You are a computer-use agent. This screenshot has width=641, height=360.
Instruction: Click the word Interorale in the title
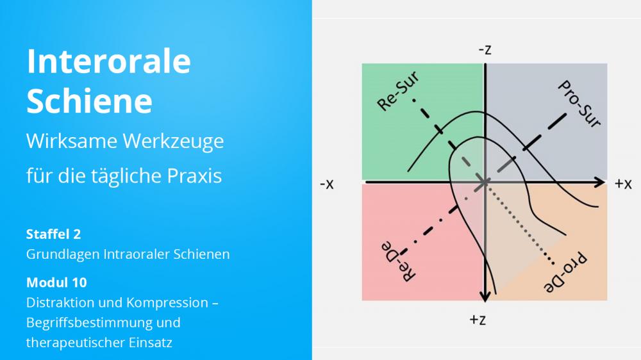[108, 61]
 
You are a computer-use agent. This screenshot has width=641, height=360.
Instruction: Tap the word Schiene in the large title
[89, 101]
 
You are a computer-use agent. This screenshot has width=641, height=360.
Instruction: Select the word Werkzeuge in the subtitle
[173, 142]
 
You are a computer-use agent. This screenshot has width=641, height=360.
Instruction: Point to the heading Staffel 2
[54, 234]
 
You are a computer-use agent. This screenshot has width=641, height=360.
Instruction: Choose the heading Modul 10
[56, 282]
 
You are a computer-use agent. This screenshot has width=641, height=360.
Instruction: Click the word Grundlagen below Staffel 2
[63, 254]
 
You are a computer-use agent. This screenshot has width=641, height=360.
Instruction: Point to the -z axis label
[485, 50]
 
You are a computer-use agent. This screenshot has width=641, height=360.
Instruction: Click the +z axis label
[478, 320]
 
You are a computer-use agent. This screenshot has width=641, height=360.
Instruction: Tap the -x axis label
[327, 184]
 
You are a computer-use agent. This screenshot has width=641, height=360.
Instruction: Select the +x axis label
[623, 184]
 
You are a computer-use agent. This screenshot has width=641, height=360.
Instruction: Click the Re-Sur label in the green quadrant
[398, 91]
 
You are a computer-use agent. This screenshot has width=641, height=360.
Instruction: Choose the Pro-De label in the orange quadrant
[565, 272]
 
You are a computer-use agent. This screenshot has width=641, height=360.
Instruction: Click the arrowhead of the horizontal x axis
[601, 183]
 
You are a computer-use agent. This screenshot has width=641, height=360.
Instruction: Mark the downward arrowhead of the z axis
[485, 297]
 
